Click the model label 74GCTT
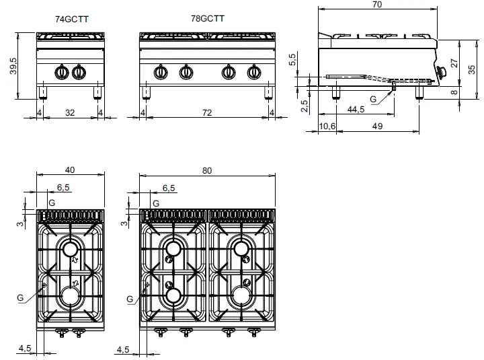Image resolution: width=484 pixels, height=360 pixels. click(69, 20)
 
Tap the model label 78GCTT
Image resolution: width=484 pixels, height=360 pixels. click(208, 20)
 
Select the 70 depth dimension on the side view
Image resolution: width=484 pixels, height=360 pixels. click(376, 5)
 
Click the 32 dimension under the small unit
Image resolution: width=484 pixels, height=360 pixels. click(69, 112)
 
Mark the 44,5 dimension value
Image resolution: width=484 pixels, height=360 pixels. click(356, 109)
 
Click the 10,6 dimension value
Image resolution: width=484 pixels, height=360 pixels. click(327, 127)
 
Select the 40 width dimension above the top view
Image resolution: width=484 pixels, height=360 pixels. click(69, 171)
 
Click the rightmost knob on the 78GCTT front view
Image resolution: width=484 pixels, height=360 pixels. click(254, 73)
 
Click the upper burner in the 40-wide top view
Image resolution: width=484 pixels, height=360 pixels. click(71, 250)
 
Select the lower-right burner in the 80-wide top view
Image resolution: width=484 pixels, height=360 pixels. click(241, 295)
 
